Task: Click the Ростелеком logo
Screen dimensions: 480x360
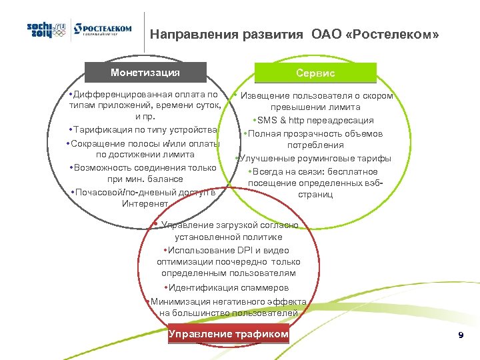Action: (x=103, y=30)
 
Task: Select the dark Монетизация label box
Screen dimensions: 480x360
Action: (x=145, y=72)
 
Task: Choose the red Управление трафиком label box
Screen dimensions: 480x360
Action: (x=229, y=334)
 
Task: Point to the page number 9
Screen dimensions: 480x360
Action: (x=461, y=335)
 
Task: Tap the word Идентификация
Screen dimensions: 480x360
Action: (x=203, y=288)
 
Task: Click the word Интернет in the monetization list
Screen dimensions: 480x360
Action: (x=145, y=203)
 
